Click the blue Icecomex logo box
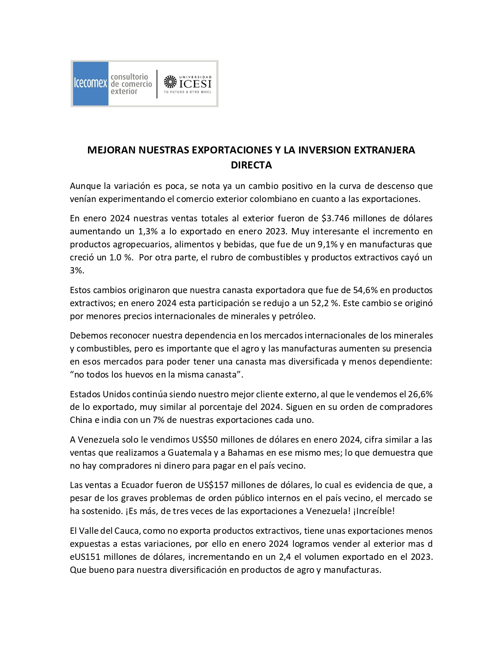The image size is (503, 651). coord(90,83)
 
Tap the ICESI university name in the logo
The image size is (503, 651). coord(195,84)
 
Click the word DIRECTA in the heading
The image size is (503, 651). coord(251,165)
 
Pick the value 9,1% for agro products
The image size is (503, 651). coord(327,244)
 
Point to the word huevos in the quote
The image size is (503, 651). coord(139,374)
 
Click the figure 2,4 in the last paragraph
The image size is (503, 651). coord(284,557)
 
